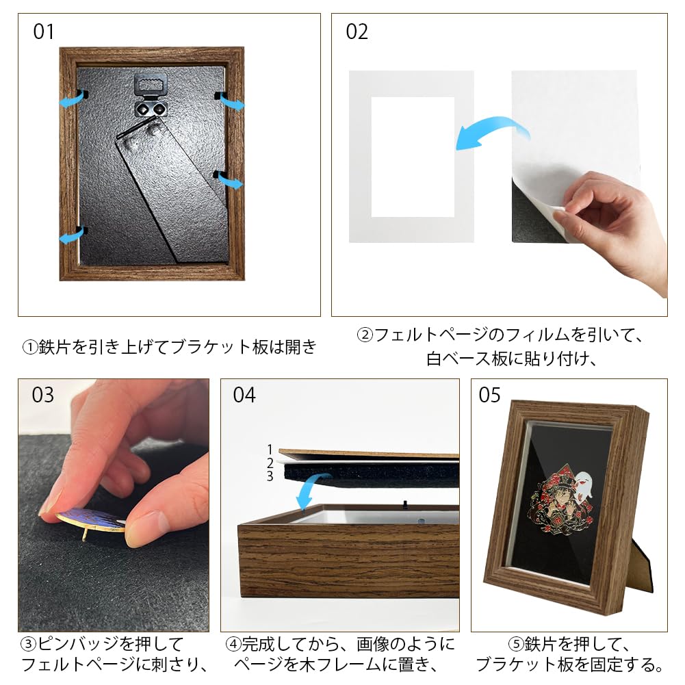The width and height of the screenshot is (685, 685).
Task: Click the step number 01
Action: pyautogui.click(x=43, y=32)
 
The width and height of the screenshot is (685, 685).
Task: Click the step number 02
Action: pyautogui.click(x=357, y=32)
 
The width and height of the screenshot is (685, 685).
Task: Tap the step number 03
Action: pyautogui.click(x=42, y=396)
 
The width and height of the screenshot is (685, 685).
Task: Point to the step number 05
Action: pyautogui.click(x=489, y=396)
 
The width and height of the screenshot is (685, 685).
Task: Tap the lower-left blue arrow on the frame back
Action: pyautogui.click(x=70, y=236)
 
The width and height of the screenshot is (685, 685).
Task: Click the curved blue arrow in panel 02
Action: pyautogui.click(x=487, y=133)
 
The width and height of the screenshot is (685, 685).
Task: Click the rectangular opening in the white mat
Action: pyautogui.click(x=413, y=157)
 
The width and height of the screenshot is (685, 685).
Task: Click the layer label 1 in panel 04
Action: pyautogui.click(x=270, y=450)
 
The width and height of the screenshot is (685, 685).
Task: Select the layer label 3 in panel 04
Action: pyautogui.click(x=270, y=476)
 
